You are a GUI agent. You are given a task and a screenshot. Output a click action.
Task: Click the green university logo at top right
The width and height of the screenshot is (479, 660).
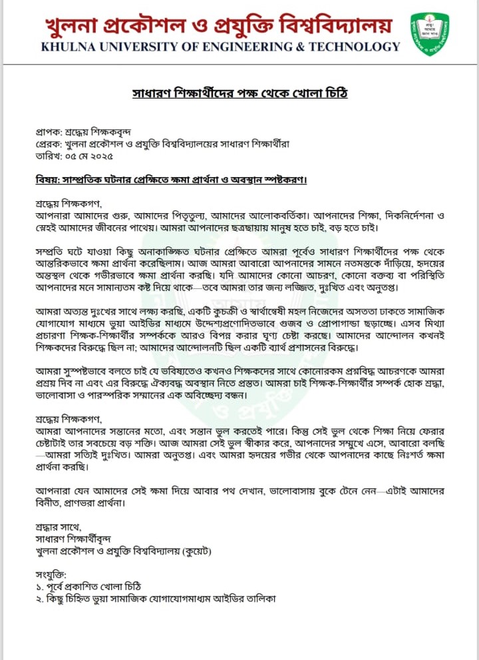(429, 33)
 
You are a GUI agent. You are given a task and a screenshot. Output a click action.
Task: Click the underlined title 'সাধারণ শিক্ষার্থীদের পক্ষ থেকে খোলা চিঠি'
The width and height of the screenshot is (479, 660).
(239, 93)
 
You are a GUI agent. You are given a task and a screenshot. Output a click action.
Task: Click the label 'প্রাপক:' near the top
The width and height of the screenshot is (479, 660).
(49, 133)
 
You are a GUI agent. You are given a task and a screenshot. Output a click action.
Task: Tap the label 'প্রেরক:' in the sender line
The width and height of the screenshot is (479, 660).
(49, 145)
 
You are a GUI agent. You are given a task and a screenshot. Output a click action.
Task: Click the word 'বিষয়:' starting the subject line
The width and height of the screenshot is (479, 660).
(49, 181)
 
